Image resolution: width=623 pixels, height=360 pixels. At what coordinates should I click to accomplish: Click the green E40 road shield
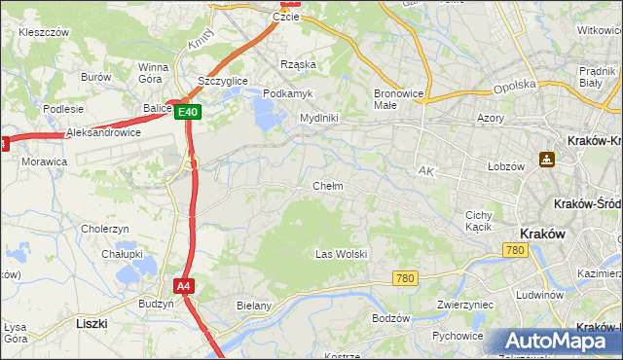189,112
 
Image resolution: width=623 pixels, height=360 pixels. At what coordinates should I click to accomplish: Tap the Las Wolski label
341,254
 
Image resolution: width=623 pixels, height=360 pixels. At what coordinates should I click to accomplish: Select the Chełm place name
327,185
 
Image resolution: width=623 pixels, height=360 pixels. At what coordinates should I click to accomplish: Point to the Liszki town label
92,321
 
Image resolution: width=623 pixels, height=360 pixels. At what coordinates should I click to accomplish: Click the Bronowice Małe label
397,99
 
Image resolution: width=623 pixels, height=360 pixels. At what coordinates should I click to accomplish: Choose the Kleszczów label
44,32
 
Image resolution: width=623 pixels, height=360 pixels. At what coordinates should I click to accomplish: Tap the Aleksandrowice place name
103,132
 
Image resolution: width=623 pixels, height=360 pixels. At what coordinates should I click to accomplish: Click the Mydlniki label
318,118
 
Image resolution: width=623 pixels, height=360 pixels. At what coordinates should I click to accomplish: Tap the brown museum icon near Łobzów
547,159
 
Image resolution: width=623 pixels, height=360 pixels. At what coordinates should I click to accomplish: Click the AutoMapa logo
553,341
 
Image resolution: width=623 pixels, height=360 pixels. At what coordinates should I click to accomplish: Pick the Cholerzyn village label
105,229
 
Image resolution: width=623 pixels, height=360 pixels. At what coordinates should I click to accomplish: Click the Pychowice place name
458,336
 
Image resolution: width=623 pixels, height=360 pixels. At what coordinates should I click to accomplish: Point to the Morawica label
45,162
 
